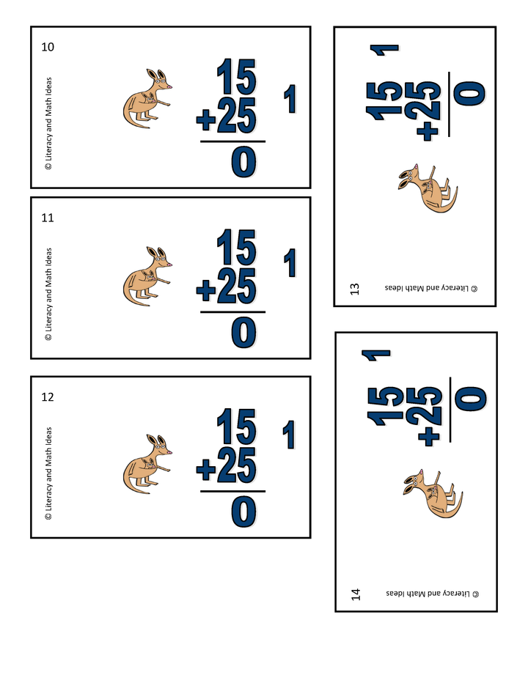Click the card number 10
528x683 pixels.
click(x=48, y=48)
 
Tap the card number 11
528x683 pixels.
click(x=48, y=218)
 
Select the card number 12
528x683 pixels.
click(x=48, y=397)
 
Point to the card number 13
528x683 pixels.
click(x=355, y=288)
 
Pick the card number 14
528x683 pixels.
click(x=356, y=593)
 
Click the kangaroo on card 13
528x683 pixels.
click(x=428, y=188)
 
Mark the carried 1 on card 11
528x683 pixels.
click(x=291, y=263)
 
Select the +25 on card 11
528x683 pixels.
click(x=227, y=288)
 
